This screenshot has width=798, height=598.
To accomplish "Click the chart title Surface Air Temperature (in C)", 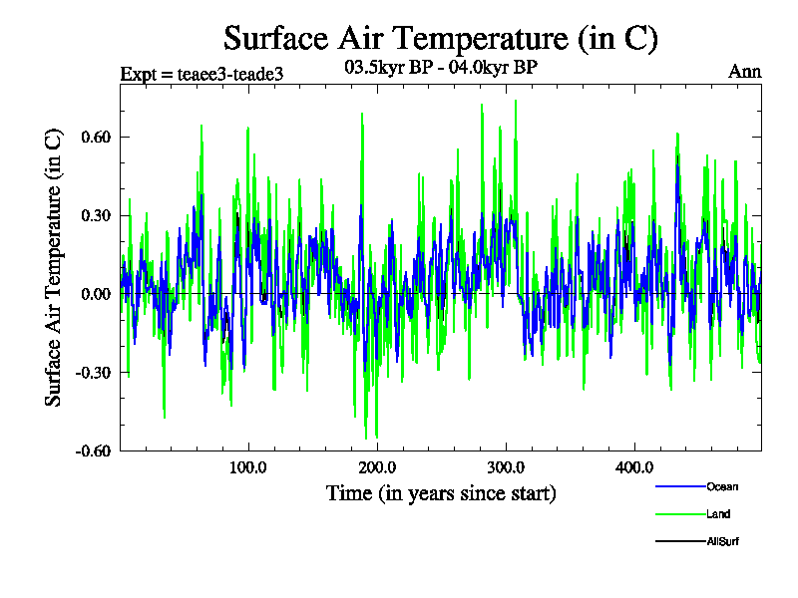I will (x=440, y=39).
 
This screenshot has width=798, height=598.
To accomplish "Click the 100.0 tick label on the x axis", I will (x=248, y=467).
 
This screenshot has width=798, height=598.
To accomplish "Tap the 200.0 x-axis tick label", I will (x=377, y=467).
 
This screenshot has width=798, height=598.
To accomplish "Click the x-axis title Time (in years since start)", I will (x=441, y=493).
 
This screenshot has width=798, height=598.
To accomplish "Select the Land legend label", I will (x=717, y=514).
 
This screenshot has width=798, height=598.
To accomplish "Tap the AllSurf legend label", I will (x=722, y=541).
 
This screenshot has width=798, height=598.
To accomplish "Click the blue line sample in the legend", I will (x=679, y=486).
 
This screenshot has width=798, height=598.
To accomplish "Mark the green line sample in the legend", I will (x=679, y=514).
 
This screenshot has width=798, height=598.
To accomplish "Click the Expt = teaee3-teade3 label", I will (x=195, y=75).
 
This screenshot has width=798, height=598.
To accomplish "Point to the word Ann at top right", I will (x=745, y=72).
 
